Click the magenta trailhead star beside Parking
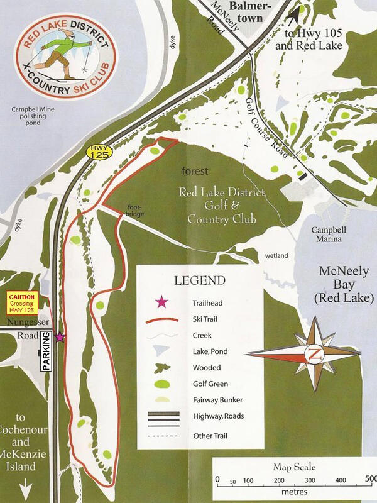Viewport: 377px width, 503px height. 60,338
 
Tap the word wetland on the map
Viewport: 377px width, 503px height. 276,256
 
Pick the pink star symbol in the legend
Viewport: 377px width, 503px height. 163,303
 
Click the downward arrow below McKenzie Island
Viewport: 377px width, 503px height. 27,487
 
